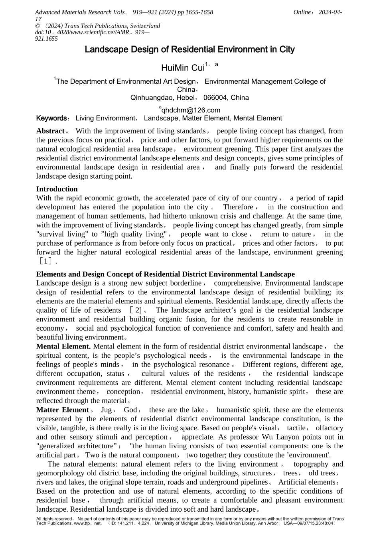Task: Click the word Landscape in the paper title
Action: [106, 50]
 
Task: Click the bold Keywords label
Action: [51, 118]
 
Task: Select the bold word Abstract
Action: [50, 131]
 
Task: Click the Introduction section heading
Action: [57, 189]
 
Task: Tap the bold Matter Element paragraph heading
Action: [62, 410]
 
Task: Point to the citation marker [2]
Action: [136, 310]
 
